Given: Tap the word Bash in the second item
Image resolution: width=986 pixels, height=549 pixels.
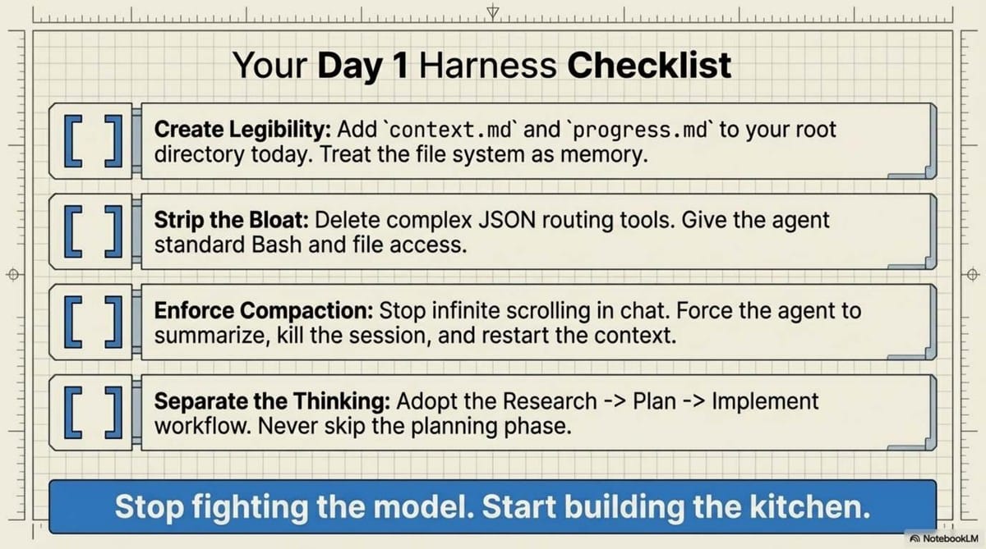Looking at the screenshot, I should pyautogui.click(x=270, y=245).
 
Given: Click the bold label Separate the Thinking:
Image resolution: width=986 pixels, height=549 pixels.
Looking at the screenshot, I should pyautogui.click(x=273, y=402).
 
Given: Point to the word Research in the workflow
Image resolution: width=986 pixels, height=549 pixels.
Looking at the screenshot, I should pyautogui.click(x=550, y=402).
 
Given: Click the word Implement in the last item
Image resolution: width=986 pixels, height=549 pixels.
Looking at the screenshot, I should pyautogui.click(x=765, y=402).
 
